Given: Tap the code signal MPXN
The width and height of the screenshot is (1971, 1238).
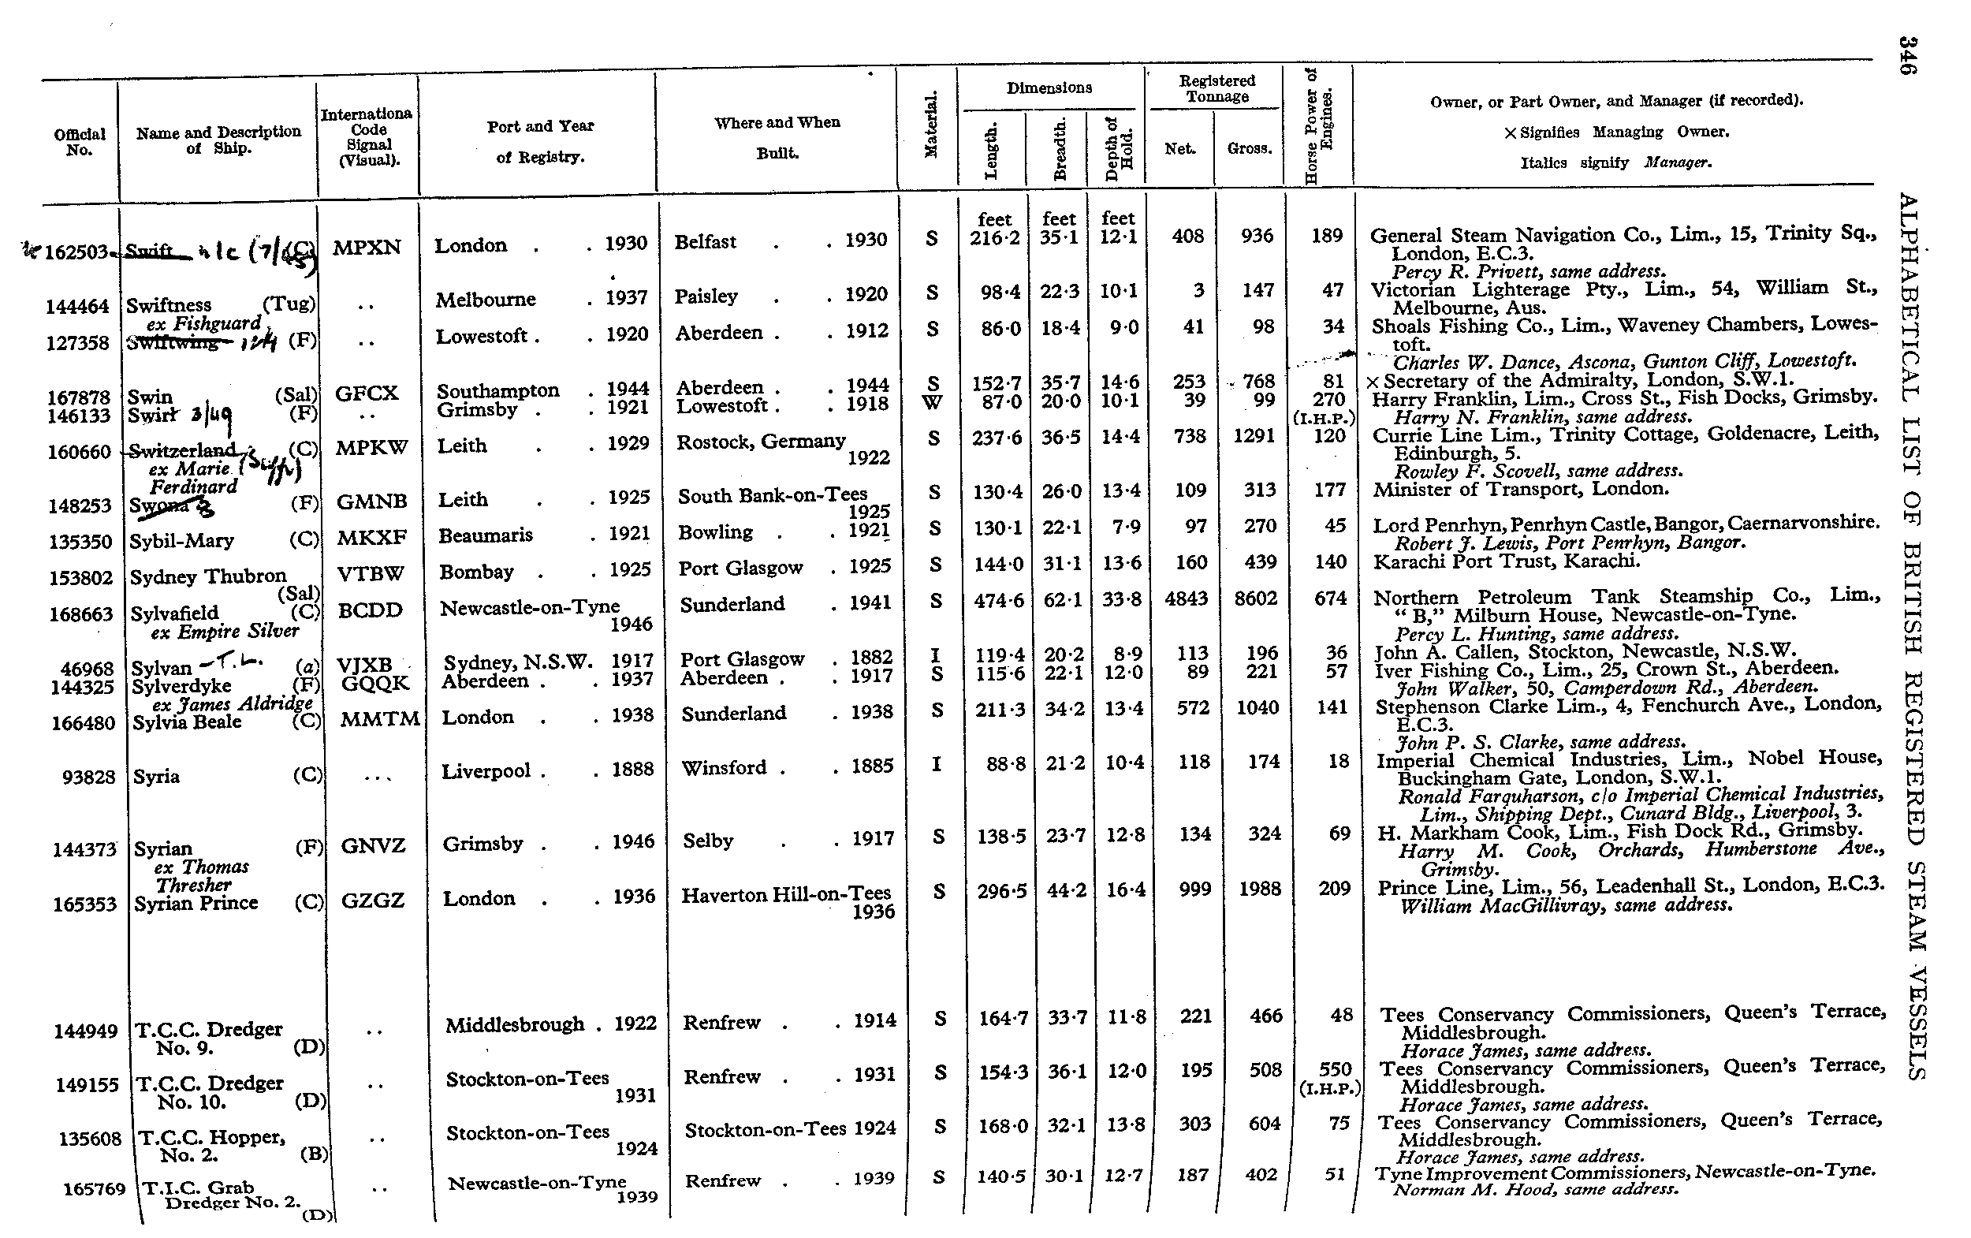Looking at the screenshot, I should point(367,248).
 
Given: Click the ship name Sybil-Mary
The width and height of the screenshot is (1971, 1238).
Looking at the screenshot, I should point(181,541).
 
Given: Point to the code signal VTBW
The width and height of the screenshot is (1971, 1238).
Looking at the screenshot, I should point(371,573).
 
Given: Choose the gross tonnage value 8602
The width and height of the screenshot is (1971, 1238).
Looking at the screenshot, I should point(1256,598).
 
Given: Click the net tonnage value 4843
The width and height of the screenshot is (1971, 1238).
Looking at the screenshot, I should point(1186,598).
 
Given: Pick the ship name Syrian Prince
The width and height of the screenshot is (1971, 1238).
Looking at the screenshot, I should point(196,903).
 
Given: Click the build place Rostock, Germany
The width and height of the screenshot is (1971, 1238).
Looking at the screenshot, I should point(760,442).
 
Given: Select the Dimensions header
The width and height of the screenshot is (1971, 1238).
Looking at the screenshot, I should point(1049,88).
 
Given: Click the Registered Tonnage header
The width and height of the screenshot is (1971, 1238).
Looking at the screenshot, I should point(1217,88).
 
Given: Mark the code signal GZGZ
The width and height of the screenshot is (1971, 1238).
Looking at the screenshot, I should point(372,901).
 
